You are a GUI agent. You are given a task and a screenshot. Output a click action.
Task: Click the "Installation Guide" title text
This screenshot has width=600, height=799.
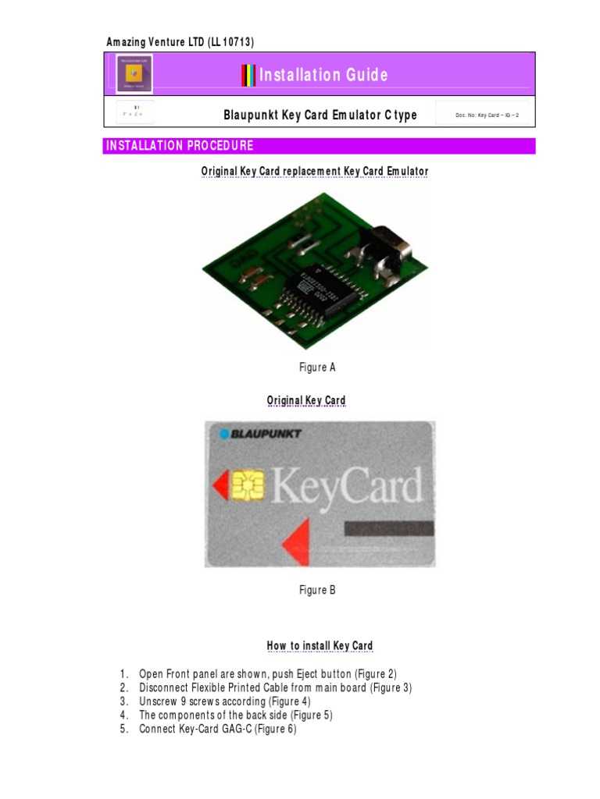(323, 75)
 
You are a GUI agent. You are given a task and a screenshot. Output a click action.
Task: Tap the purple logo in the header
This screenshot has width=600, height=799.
(134, 74)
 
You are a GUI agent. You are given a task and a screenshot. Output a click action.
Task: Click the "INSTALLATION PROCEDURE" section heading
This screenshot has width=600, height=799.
(180, 146)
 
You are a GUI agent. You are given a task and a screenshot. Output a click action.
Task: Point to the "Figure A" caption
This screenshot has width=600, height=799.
(317, 368)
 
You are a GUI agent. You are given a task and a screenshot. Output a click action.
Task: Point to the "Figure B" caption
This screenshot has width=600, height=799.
(317, 590)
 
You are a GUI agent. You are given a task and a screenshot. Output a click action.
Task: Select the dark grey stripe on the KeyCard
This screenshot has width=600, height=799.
(388, 528)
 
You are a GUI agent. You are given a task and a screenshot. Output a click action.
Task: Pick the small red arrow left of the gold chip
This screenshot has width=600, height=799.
(220, 486)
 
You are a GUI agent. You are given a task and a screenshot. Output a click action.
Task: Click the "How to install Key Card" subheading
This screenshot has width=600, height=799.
(320, 645)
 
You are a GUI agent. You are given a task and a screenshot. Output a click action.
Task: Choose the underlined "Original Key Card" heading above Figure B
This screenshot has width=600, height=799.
(306, 400)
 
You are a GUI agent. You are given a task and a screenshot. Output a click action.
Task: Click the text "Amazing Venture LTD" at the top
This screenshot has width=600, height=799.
(155, 41)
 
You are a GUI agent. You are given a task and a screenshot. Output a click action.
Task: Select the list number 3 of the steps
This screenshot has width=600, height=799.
(123, 701)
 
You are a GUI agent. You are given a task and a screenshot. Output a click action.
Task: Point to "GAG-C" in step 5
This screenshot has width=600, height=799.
(240, 730)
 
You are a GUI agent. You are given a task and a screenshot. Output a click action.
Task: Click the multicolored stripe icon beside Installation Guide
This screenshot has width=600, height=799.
(248, 75)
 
